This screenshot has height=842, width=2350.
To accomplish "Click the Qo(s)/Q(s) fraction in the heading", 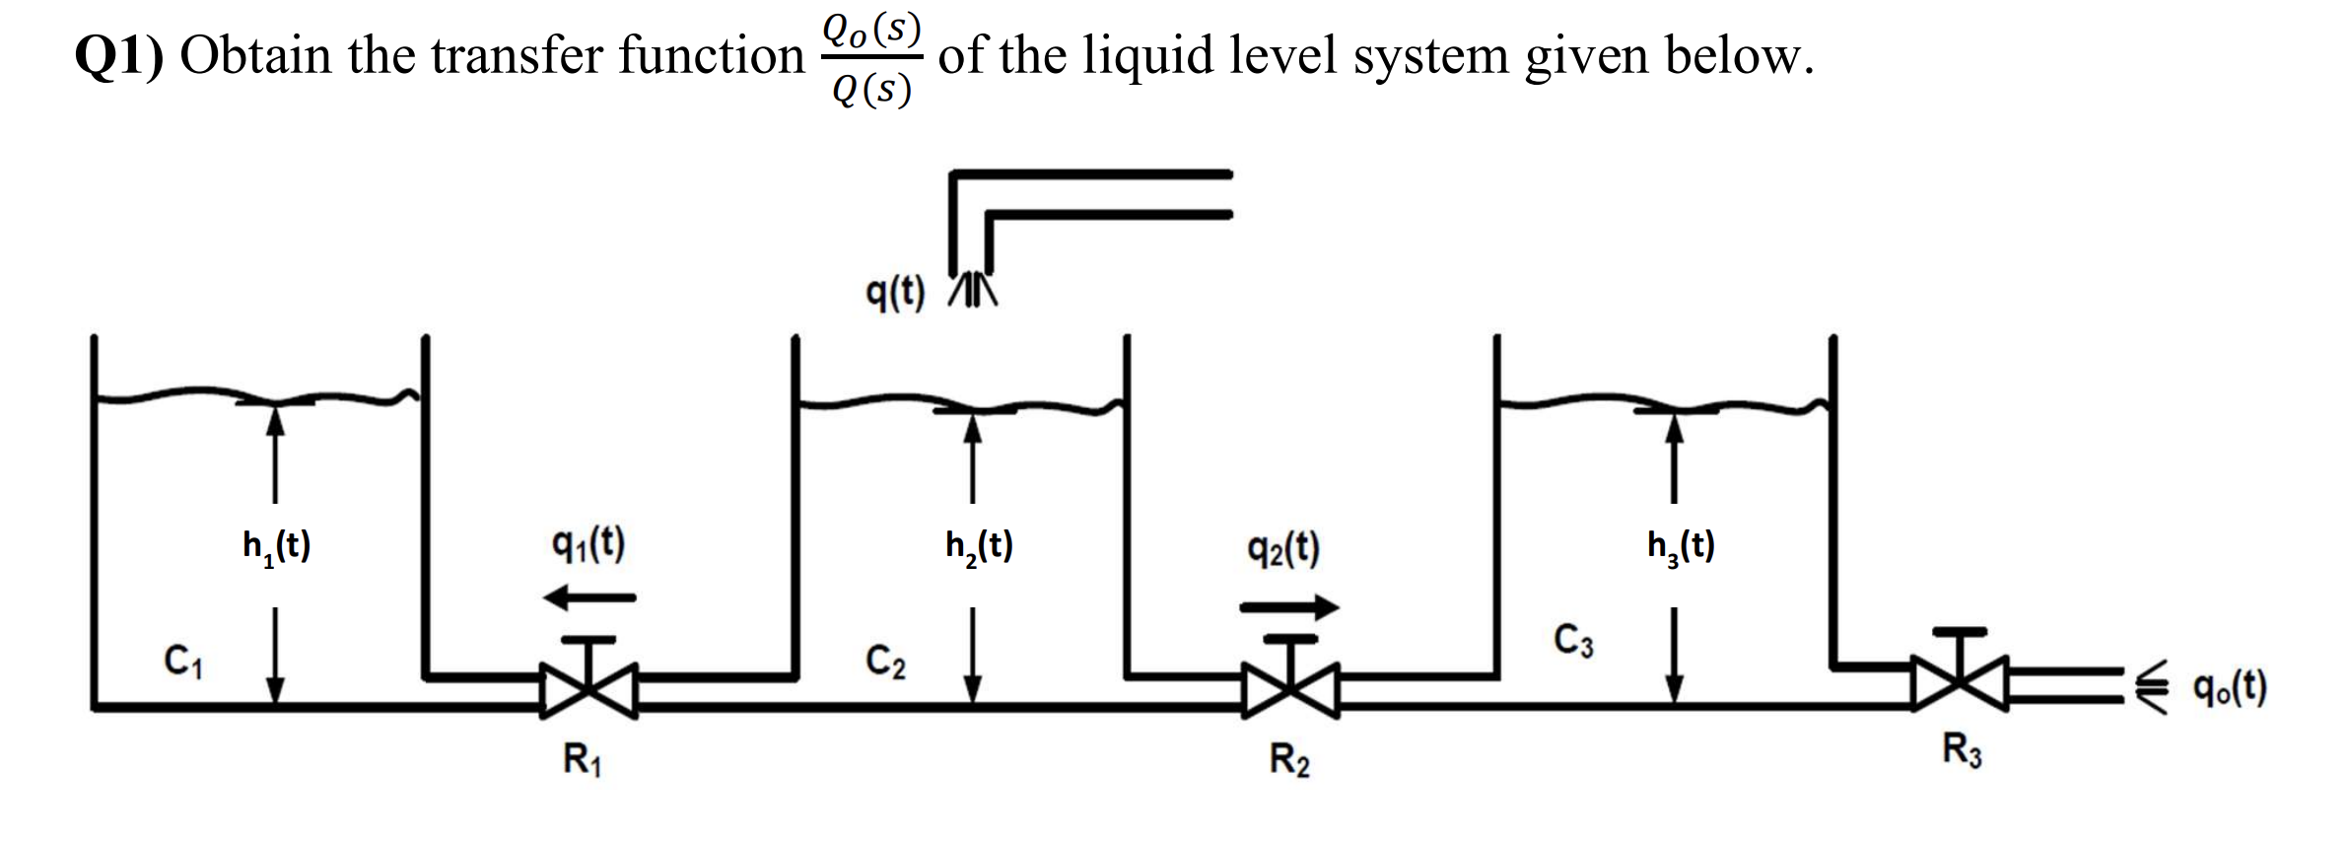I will tap(871, 58).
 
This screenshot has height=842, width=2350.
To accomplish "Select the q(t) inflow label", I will tap(895, 292).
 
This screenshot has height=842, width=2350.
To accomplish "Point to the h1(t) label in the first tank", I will tap(277, 545).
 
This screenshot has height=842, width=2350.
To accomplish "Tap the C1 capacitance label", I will tap(183, 660).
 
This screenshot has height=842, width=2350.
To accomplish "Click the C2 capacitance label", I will tap(886, 661).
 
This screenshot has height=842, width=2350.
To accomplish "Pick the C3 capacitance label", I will tap(1573, 640).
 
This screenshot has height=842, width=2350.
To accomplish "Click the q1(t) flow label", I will tap(588, 543).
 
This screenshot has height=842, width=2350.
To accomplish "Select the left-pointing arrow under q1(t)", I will tap(589, 596).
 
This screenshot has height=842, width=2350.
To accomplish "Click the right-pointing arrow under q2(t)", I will tap(1289, 607).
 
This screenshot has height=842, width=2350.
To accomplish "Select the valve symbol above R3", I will tap(1960, 676).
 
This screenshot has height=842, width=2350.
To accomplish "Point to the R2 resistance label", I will tap(1289, 760).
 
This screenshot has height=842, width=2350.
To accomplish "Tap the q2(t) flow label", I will tap(1283, 548).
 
